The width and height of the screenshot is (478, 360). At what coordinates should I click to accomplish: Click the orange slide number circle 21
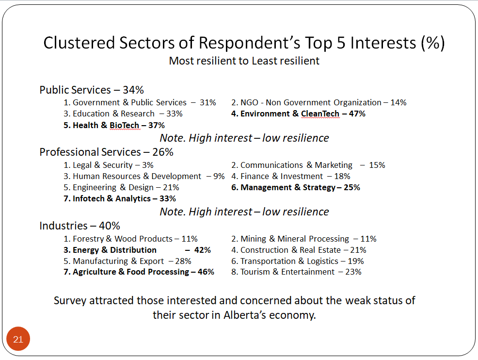point(18,339)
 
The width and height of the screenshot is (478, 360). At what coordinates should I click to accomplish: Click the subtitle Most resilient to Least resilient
point(244,61)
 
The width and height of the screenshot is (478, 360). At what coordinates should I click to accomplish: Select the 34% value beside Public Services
point(133,90)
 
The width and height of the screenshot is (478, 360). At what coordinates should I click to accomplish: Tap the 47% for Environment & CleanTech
point(357,114)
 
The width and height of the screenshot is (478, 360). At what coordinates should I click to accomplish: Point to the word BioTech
point(125,125)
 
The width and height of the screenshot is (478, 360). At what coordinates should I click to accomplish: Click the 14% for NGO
point(398,102)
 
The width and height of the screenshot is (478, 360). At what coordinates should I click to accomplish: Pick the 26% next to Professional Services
point(163,152)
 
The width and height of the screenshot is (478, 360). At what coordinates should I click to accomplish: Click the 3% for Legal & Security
point(148,165)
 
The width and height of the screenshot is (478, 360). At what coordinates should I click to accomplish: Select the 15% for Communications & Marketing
point(377,165)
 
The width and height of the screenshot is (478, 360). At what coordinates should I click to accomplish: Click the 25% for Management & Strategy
point(352,187)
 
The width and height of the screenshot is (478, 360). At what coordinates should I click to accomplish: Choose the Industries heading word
point(64,226)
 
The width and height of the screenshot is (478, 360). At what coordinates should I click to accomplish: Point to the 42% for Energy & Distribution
point(203,250)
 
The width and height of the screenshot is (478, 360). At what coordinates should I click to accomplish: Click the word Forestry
point(88,239)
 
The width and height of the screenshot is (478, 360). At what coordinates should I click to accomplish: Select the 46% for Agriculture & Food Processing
point(206,272)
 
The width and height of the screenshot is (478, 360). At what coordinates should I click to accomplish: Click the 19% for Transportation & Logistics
point(356,261)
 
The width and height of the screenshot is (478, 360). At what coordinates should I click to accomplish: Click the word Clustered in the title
point(79,43)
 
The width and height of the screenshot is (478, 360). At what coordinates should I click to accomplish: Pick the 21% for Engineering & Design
point(171,187)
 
